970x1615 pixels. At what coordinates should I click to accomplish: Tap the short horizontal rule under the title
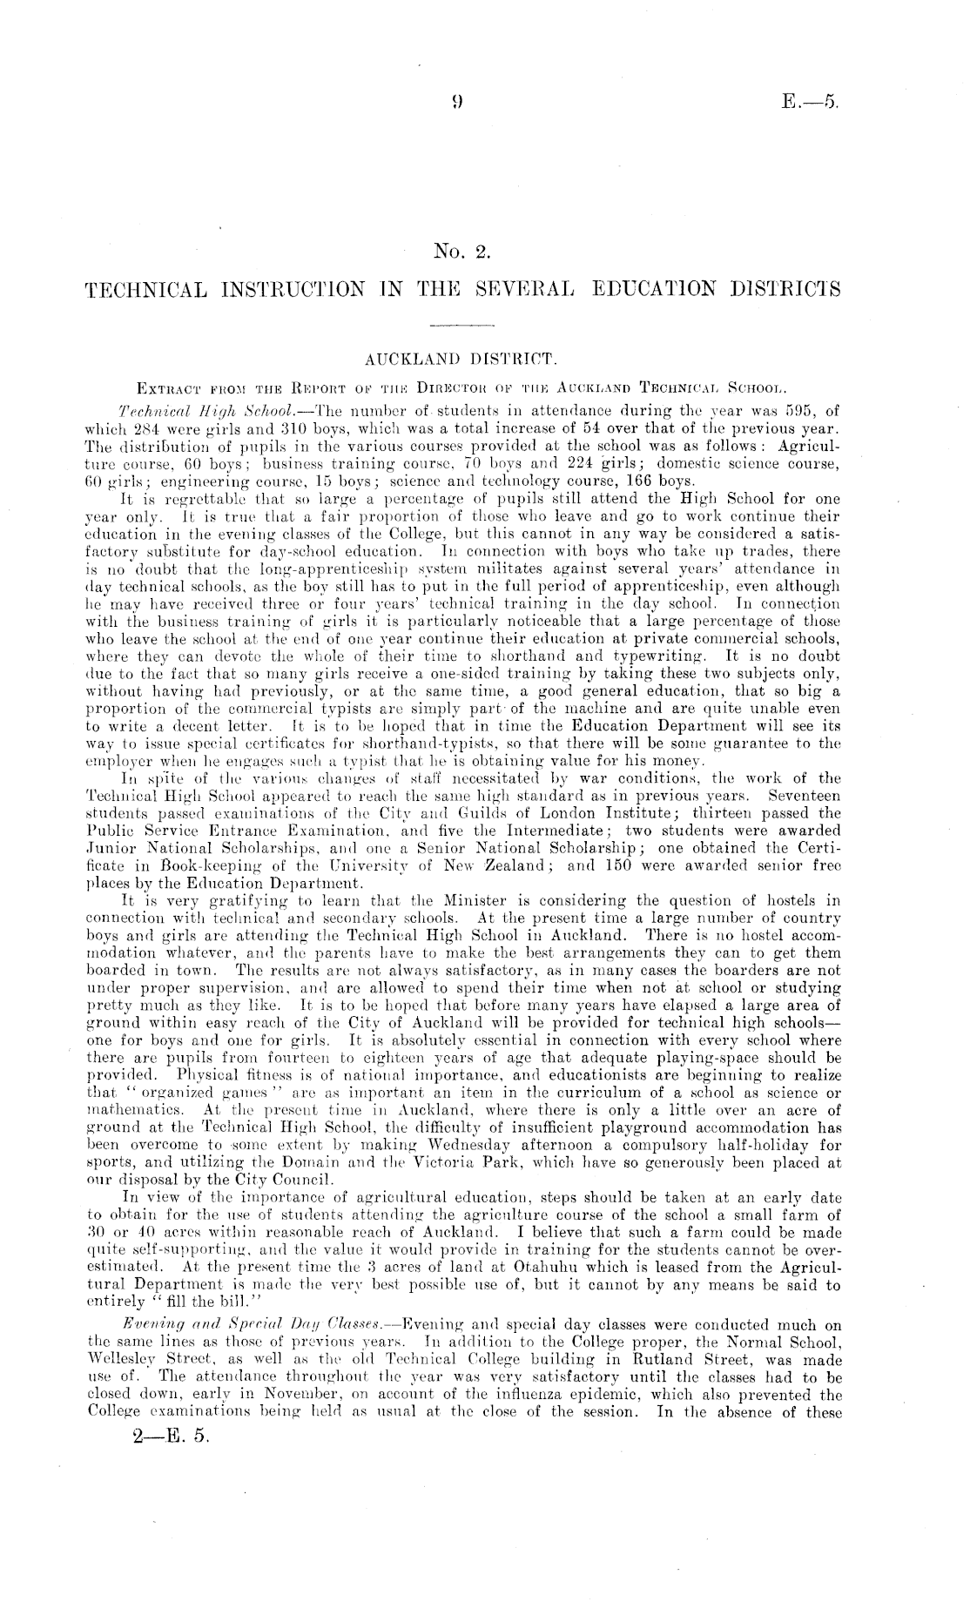click(462, 324)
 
